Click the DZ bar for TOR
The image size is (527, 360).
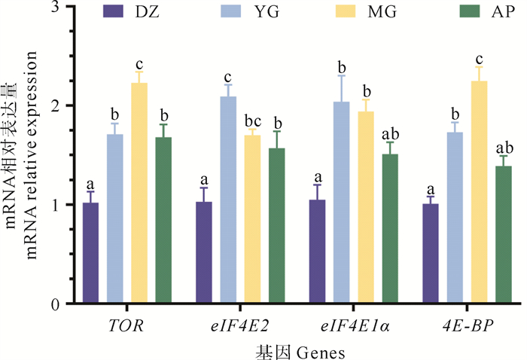tap(91, 253)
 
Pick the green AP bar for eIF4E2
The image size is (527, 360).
tap(277, 226)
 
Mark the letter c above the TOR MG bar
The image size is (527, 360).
tap(139, 64)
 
